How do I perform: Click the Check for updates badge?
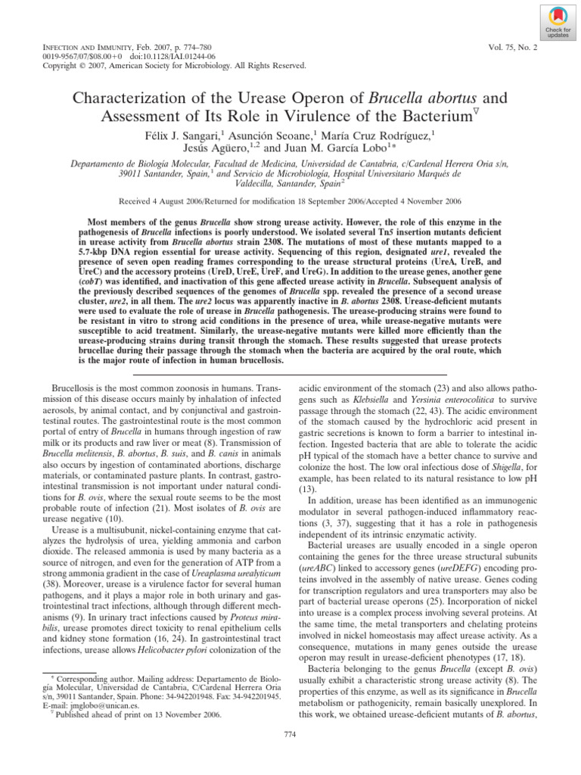(x=555, y=23)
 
